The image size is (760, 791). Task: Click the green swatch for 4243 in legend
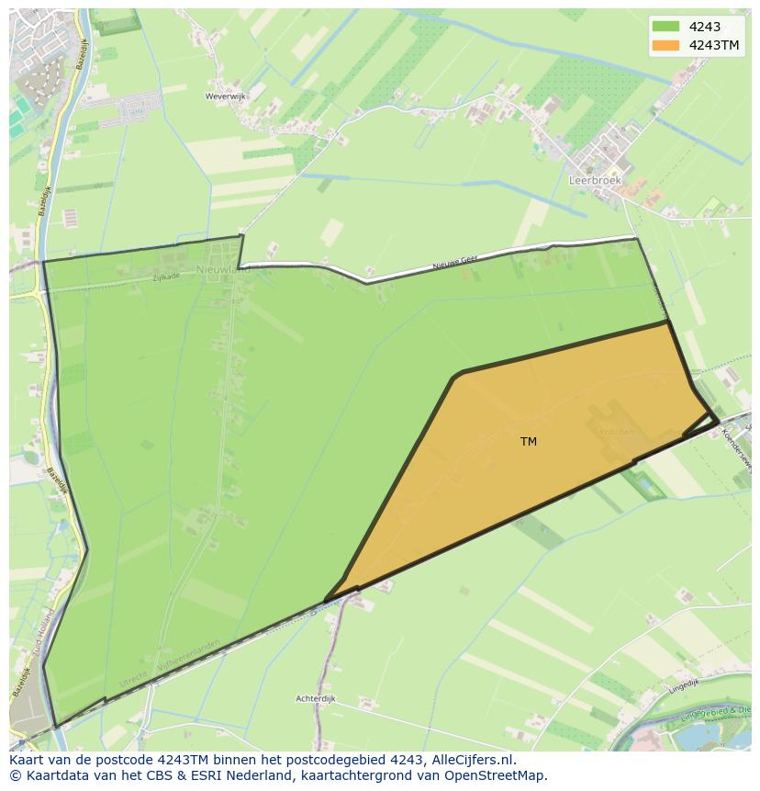[x=666, y=27]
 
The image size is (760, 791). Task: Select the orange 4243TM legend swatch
[x=666, y=45]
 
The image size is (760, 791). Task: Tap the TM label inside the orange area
[x=529, y=442]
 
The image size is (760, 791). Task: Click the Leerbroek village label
[x=595, y=181]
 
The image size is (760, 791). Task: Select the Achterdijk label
[x=316, y=699]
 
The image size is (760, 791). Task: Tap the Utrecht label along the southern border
[x=134, y=684]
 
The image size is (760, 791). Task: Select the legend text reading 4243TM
[x=714, y=45]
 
